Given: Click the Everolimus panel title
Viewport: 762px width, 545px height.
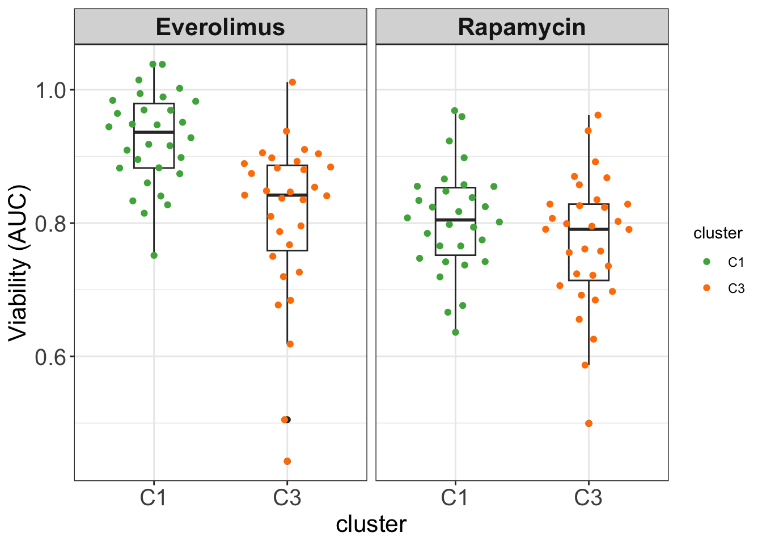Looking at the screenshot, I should (220, 27).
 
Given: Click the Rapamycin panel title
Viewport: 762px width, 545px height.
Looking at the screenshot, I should (522, 27).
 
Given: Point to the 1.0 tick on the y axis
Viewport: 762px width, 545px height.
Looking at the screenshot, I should (51, 90).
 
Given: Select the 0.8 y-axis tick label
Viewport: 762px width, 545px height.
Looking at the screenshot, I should (51, 224).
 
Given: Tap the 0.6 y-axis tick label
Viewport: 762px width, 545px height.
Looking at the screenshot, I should (51, 357).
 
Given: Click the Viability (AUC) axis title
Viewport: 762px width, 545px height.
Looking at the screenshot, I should (18, 262).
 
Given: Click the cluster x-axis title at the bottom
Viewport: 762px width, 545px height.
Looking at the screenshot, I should (371, 525).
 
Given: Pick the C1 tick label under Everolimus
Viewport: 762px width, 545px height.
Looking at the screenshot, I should (154, 498).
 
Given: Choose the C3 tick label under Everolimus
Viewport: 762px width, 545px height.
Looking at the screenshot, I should (287, 498).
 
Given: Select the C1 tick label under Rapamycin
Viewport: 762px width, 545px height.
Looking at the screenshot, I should (455, 498).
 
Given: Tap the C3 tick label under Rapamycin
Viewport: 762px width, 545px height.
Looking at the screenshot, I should (588, 498).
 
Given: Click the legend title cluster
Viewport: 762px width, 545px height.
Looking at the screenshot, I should (718, 233).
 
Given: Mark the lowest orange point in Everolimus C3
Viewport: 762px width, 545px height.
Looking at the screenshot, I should (287, 461).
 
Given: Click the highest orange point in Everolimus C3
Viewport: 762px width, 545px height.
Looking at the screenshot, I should (292, 82).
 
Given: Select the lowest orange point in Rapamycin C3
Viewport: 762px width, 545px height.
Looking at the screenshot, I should (589, 424).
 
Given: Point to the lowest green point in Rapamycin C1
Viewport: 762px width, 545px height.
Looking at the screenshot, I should (455, 332).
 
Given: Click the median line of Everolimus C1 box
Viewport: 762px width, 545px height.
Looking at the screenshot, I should (154, 132).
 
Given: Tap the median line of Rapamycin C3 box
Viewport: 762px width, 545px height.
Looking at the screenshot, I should (589, 229).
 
